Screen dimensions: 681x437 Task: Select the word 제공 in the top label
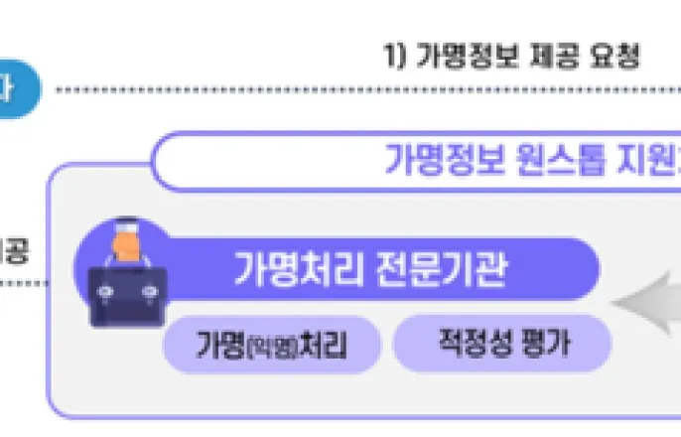click(x=552, y=56)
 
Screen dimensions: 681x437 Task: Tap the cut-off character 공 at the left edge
click(x=16, y=249)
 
